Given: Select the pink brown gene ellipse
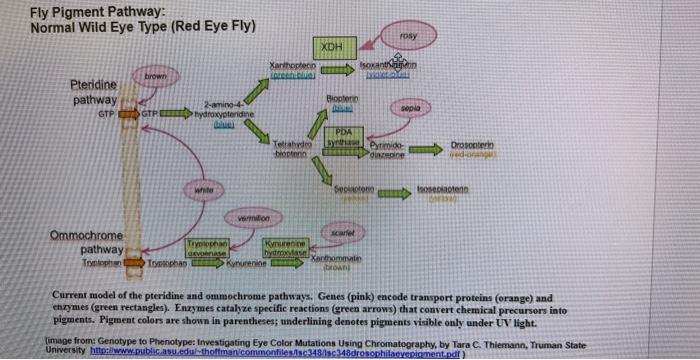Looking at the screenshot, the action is (x=154, y=76).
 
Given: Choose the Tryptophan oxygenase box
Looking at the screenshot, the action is (x=204, y=249).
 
